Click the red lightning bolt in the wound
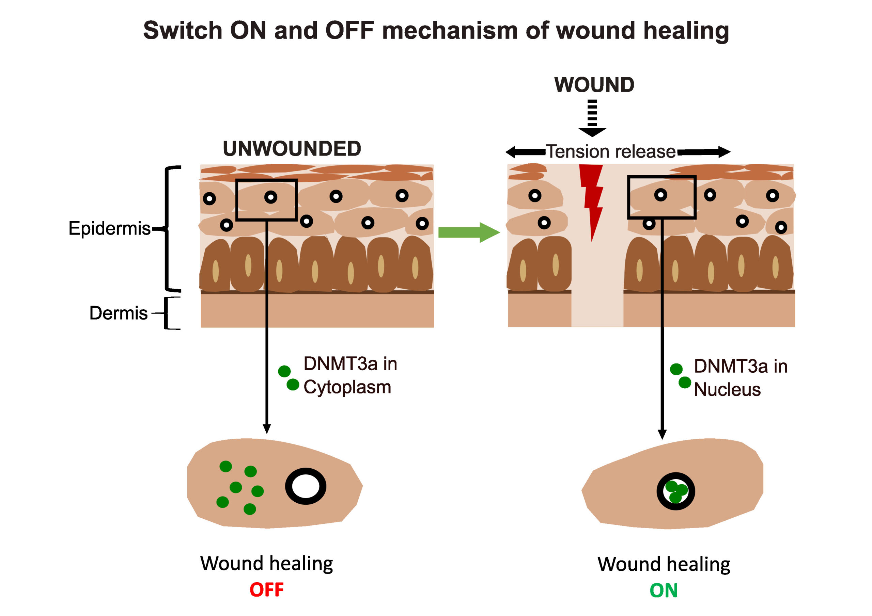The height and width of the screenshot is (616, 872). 592,197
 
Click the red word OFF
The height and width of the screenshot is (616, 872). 267,589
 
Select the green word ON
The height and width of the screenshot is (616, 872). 664,590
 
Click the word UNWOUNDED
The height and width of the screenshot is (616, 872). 292,149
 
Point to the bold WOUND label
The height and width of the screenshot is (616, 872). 594,85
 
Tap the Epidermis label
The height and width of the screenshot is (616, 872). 109,228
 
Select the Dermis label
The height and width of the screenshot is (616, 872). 118,313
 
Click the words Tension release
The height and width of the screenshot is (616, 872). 611,152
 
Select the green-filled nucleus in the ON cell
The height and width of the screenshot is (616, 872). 676,491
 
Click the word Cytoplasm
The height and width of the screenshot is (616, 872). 347,387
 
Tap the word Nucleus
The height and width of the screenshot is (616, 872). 727,390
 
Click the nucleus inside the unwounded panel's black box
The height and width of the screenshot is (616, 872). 270,197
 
